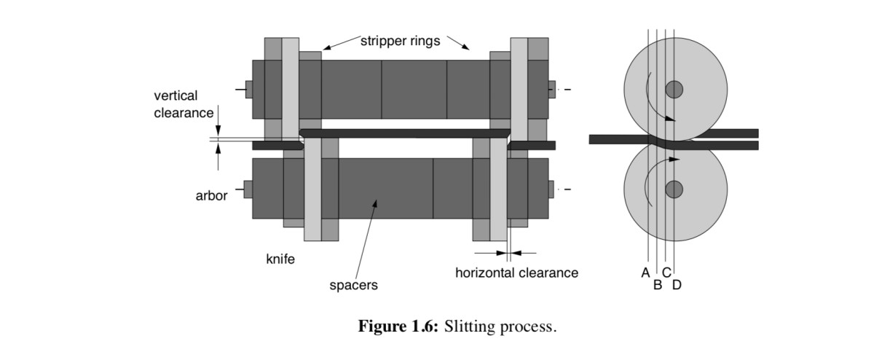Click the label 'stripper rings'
[400, 41]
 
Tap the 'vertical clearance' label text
[184, 104]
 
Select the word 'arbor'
[211, 195]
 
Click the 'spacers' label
[354, 286]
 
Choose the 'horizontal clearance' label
[516, 273]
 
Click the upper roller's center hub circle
[674, 90]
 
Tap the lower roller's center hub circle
[674, 189]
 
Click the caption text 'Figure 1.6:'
[398, 326]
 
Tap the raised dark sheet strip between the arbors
[404, 133]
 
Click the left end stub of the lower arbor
[248, 189]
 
